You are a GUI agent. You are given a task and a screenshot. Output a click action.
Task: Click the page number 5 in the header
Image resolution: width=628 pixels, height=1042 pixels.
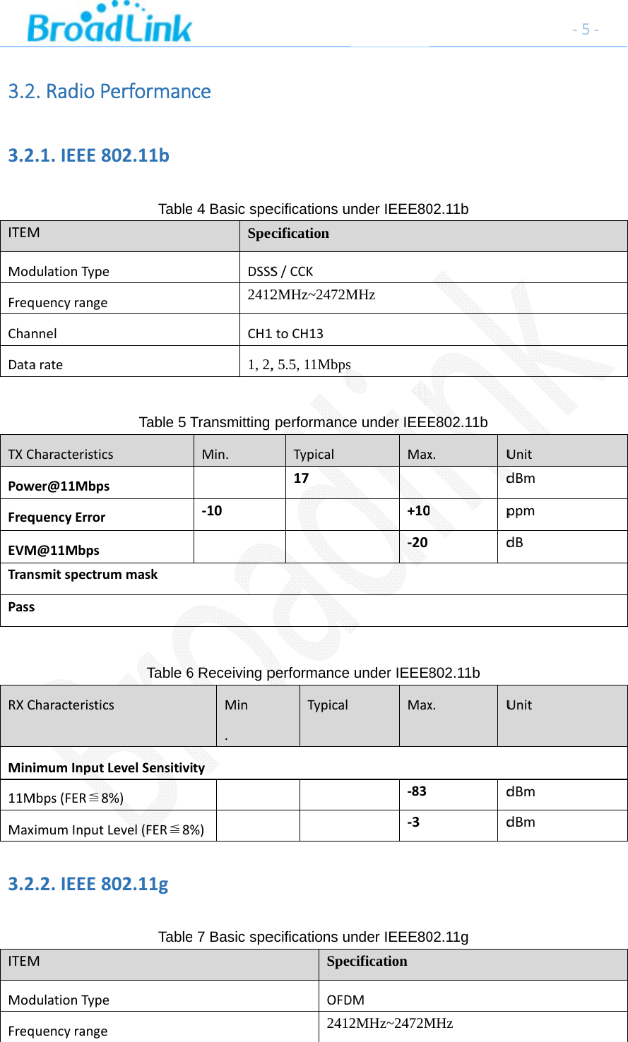pos(586,30)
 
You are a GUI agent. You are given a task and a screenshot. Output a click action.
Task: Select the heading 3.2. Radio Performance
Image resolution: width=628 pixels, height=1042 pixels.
pos(109,92)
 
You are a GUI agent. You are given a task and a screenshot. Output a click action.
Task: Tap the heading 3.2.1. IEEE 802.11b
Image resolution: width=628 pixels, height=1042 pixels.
pos(88,155)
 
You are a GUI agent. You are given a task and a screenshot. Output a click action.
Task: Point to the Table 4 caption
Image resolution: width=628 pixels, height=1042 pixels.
pos(313,209)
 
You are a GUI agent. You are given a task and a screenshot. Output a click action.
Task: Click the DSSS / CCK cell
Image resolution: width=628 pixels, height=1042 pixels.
pos(280,271)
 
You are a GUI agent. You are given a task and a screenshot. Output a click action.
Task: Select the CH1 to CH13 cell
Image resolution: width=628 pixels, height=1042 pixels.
pos(285,333)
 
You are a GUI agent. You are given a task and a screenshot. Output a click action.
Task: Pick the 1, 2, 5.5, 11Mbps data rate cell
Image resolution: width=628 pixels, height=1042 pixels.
pos(299,365)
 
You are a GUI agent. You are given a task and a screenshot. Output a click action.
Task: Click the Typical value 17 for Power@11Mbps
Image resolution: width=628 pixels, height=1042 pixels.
pos(301,478)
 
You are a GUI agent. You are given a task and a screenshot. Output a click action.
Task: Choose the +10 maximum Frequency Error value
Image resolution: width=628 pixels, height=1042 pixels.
pos(419,510)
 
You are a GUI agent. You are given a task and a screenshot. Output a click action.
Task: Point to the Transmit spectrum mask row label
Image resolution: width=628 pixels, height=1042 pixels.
pos(83,575)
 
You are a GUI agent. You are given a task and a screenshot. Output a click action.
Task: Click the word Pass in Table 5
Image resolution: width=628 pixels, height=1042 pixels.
pos(21,607)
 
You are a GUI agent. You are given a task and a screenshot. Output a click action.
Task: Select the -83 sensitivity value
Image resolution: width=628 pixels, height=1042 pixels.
pos(417,791)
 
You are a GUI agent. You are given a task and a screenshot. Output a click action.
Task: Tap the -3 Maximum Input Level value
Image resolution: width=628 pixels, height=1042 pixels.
pos(413,822)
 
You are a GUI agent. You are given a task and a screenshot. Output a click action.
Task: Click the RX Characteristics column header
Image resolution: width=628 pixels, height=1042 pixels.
pos(61,705)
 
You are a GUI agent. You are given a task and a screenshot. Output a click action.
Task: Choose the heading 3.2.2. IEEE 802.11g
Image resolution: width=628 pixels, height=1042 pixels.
pos(88,884)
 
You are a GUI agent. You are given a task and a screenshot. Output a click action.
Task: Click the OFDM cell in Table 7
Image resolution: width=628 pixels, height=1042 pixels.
pos(345,1000)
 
